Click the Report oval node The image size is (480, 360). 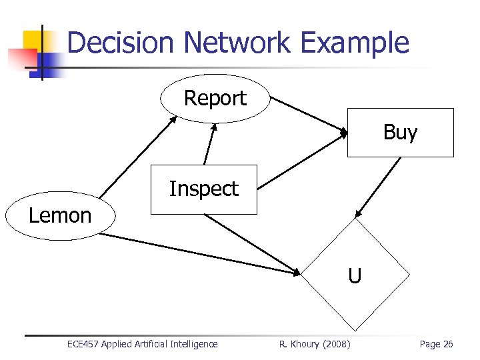215,99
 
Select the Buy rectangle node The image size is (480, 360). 400,133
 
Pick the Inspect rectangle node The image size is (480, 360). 203,189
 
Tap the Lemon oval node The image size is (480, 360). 59,216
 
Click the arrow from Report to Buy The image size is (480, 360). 307,114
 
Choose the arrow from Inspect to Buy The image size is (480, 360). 299,159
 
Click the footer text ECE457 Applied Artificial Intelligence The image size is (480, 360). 142,344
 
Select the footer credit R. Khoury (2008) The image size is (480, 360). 314,344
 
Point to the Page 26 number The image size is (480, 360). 436,344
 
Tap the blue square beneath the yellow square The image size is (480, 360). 44,63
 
